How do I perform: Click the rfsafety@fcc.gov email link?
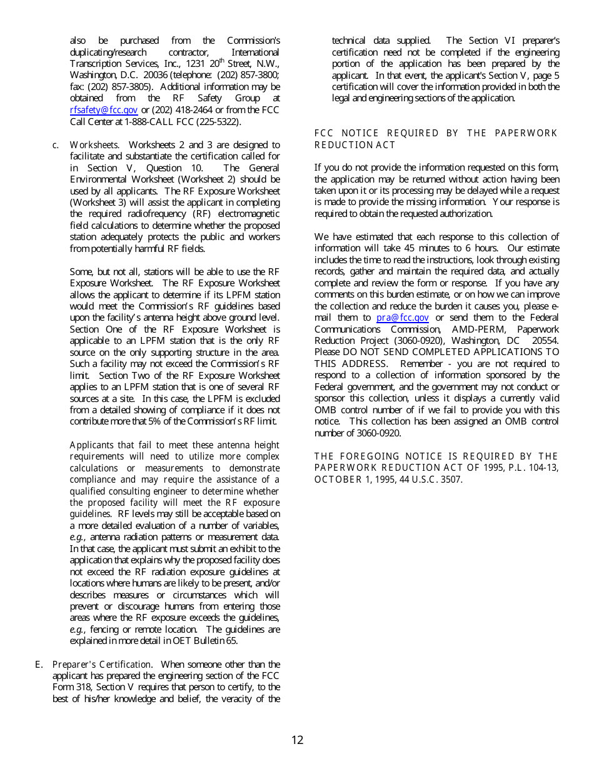coord(103,110)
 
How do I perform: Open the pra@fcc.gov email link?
coord(402,318)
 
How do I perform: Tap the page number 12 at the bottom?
coord(297,740)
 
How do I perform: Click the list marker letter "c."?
coord(56,145)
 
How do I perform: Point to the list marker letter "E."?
coord(39,665)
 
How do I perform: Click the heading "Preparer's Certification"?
coord(101,665)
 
